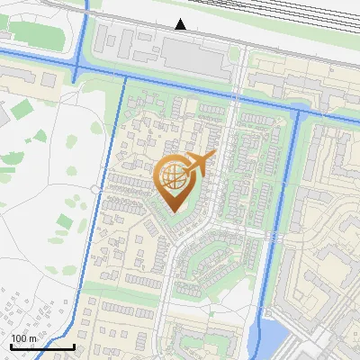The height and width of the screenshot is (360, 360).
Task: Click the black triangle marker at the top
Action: (x=181, y=24)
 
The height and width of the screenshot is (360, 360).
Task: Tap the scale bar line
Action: (x=42, y=346)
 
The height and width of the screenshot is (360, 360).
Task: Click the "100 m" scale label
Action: (x=24, y=338)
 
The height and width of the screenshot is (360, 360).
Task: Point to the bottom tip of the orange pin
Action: (x=174, y=212)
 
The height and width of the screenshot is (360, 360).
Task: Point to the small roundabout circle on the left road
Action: (x=94, y=188)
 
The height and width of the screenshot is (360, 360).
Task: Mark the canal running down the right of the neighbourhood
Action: (x=281, y=216)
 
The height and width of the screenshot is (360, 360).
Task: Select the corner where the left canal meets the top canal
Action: (x=121, y=79)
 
